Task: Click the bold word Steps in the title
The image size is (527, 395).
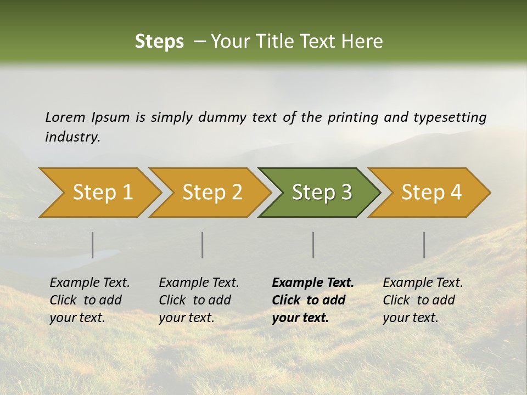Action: pos(159,42)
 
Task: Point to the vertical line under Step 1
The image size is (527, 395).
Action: pos(93,245)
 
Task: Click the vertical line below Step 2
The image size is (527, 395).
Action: pos(203,245)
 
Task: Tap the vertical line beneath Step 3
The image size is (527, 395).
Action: pos(313,245)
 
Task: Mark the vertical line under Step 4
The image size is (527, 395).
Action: pos(424,245)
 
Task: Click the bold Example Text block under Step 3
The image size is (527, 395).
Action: pos(313,300)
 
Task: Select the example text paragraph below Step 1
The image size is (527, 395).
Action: pos(89,300)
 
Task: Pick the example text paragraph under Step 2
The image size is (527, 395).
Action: pos(199,300)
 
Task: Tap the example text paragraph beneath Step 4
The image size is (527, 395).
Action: pos(423,300)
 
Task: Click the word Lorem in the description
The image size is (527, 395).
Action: pos(65,117)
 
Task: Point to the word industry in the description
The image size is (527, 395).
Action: pos(72,137)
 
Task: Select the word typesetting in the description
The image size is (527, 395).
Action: pos(450,117)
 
